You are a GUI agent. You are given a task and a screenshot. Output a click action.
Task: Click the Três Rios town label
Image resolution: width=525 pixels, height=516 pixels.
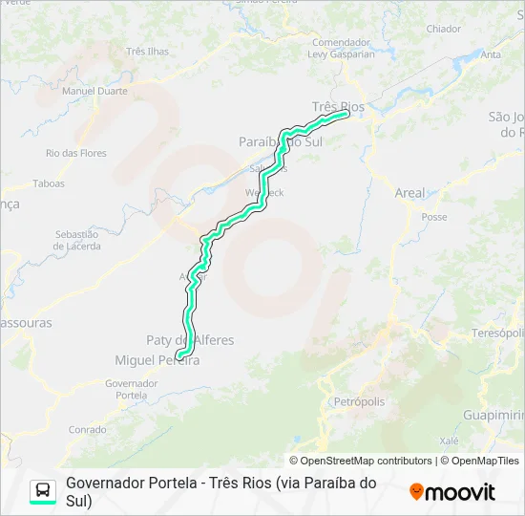click(x=338, y=106)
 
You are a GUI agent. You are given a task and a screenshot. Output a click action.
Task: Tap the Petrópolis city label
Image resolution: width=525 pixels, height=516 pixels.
click(x=359, y=402)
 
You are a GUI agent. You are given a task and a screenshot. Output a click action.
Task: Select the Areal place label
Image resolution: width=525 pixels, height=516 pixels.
click(x=409, y=193)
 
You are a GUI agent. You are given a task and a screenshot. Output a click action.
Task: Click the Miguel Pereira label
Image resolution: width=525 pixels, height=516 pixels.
click(x=157, y=360)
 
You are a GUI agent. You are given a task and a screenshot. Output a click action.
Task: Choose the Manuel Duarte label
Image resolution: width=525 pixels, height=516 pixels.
click(x=94, y=92)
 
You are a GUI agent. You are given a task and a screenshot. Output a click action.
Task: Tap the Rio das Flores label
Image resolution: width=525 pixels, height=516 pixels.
click(x=76, y=153)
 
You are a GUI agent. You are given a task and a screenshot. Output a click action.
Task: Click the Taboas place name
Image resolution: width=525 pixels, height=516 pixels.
click(x=49, y=183)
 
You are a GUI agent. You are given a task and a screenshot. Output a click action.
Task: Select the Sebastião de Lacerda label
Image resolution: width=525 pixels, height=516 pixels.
click(x=77, y=240)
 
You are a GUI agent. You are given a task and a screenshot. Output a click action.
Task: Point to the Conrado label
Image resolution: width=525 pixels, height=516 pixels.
click(x=88, y=430)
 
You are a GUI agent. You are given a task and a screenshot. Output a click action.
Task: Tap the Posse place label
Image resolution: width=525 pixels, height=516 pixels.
click(x=433, y=217)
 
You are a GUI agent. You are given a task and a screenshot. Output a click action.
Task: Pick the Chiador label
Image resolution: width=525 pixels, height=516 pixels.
click(x=443, y=30)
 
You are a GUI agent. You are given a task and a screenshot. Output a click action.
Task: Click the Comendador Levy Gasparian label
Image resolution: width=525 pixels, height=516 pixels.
click(x=341, y=48)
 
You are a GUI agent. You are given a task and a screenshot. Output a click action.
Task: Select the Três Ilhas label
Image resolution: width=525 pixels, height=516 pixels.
click(x=147, y=52)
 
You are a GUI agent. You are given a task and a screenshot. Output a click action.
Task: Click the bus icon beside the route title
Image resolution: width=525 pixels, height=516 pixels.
click(x=43, y=491)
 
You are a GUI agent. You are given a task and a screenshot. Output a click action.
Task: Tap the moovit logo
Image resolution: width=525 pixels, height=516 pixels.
click(x=452, y=492)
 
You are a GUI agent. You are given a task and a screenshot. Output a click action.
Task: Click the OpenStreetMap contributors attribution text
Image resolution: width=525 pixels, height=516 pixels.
click(x=360, y=461)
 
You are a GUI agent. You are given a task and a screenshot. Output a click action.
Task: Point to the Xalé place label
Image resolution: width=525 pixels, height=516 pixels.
click(x=451, y=441)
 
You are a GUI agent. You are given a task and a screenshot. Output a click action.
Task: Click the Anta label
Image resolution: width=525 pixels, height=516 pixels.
click(x=491, y=54)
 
